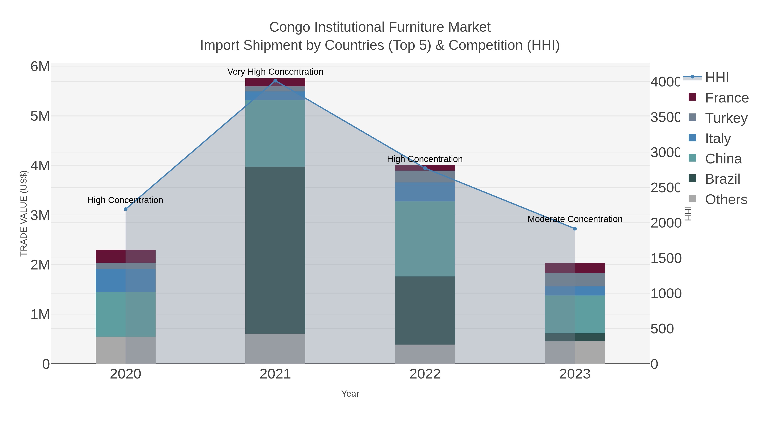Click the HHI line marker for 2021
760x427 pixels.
[x=275, y=81]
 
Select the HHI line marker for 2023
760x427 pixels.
[x=575, y=229]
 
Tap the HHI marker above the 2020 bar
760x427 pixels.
[x=125, y=209]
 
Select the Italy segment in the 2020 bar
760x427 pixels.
[x=125, y=280]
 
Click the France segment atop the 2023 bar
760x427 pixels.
[x=575, y=268]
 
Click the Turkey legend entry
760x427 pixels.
[x=726, y=118]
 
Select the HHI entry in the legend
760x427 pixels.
[x=717, y=78]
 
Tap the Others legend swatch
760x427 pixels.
[x=692, y=199]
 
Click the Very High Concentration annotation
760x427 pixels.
[x=275, y=72]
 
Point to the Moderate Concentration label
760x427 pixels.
[x=575, y=219]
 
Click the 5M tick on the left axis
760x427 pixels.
[x=40, y=116]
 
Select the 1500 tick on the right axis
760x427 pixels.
[x=666, y=259]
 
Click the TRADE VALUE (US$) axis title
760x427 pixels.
[x=24, y=213]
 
